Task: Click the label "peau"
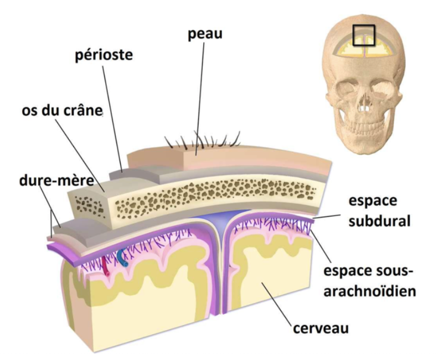click(x=205, y=34)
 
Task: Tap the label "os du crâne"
click(x=62, y=111)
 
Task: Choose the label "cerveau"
click(x=322, y=328)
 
